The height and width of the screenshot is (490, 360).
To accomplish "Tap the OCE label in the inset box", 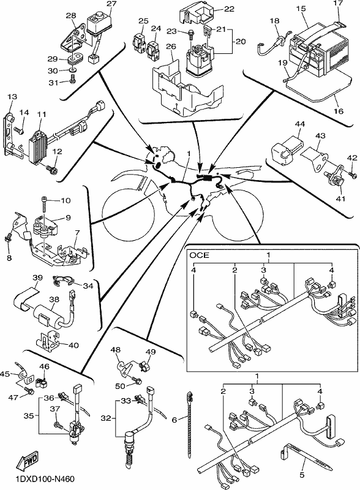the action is tap(200, 255).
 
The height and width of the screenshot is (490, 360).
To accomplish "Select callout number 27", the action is tap(111, 4).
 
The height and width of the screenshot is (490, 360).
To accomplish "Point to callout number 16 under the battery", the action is tap(339, 111).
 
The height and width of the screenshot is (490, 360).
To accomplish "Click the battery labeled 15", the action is tap(320, 51).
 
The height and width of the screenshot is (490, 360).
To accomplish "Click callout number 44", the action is tap(299, 124).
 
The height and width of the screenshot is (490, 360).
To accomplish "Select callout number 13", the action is tap(12, 96).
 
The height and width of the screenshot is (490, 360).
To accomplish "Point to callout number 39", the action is tap(37, 278).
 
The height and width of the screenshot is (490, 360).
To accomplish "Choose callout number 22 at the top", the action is tap(229, 9).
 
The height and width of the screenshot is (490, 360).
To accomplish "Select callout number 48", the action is tap(116, 349).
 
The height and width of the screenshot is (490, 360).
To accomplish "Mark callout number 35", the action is tap(29, 416).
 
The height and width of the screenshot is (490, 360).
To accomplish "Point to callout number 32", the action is tap(106, 418).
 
